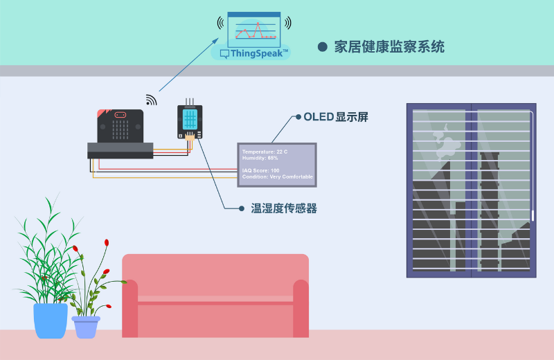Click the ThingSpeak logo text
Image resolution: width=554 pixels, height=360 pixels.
tap(259, 53)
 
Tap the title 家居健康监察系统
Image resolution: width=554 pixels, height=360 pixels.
tap(389, 47)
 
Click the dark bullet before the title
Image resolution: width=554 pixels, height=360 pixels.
tap(322, 47)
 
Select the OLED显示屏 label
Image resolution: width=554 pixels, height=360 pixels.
tap(336, 117)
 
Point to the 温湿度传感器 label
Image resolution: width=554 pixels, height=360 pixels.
tap(284, 208)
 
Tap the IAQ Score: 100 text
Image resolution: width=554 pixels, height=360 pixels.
tap(260, 170)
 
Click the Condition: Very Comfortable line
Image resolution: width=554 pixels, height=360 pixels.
tap(277, 177)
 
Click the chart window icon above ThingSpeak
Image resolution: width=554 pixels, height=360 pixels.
tap(254, 28)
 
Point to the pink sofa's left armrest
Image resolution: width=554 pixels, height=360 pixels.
tap(130, 308)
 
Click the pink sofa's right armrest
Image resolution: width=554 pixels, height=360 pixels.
tap(301, 308)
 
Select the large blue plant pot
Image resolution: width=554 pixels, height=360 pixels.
tap(51, 320)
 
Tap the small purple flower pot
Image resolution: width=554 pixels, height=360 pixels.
tap(86, 327)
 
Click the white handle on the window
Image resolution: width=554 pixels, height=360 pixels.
tap(533, 215)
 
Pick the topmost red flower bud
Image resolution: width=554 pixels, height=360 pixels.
tap(107, 242)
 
